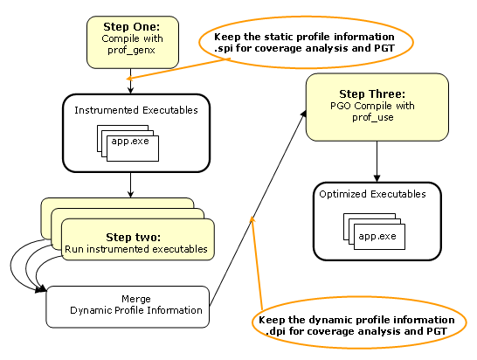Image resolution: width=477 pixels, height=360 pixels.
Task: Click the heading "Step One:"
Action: [131, 27]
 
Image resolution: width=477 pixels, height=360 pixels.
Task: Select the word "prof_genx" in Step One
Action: [131, 50]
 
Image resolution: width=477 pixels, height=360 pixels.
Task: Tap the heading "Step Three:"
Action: [372, 94]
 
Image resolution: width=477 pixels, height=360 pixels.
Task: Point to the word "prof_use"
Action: [373, 117]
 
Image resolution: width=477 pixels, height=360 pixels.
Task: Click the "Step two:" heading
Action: [134, 238]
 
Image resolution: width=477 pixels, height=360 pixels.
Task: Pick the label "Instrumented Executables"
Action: [136, 110]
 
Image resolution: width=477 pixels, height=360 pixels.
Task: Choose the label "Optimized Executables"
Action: [372, 194]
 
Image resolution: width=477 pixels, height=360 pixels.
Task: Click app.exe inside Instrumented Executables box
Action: [130, 142]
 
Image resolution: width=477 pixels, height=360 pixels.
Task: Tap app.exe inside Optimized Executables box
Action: [377, 237]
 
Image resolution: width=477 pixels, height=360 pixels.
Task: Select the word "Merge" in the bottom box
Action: [136, 299]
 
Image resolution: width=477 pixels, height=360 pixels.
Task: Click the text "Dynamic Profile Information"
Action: [136, 310]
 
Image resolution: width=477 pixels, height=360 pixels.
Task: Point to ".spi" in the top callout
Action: [224, 49]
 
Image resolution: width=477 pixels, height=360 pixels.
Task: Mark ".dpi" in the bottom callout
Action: [276, 331]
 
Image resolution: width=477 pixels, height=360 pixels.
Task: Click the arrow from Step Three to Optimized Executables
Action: [377, 162]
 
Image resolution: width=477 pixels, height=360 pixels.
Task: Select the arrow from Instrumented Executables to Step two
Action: [130, 185]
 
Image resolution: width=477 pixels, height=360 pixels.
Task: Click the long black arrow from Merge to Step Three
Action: [258, 208]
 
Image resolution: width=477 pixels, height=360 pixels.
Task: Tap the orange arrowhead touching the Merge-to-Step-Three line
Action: [252, 219]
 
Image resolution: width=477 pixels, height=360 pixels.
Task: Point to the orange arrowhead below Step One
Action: [129, 79]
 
